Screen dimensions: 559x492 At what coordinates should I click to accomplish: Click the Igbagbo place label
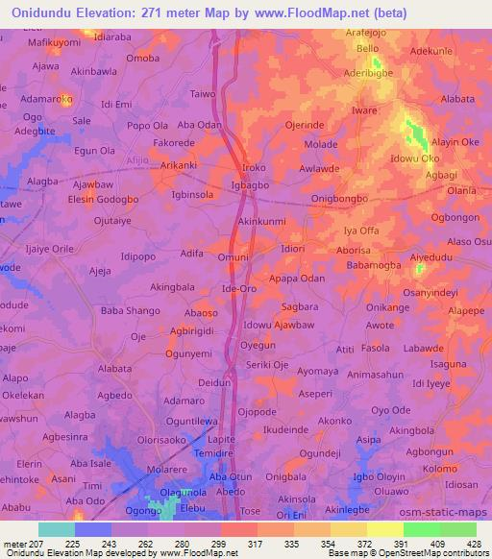[x=251, y=184]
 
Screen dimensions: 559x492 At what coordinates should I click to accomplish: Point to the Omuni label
[x=234, y=256]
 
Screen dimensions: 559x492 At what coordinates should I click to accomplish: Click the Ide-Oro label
[x=239, y=288]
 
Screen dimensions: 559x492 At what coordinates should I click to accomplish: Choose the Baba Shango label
[x=130, y=311]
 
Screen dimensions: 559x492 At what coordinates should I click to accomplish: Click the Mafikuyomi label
[x=54, y=43]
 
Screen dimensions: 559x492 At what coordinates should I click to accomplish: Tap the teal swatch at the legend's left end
[x=56, y=529]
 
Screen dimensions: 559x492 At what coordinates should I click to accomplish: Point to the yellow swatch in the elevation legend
[x=384, y=529]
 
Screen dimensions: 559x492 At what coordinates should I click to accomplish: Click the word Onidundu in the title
[x=46, y=13]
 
